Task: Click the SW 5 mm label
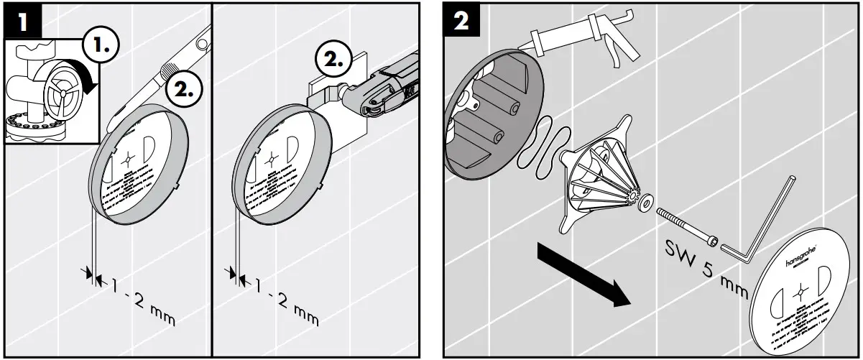coord(707,263)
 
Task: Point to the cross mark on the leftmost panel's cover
coord(129,159)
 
